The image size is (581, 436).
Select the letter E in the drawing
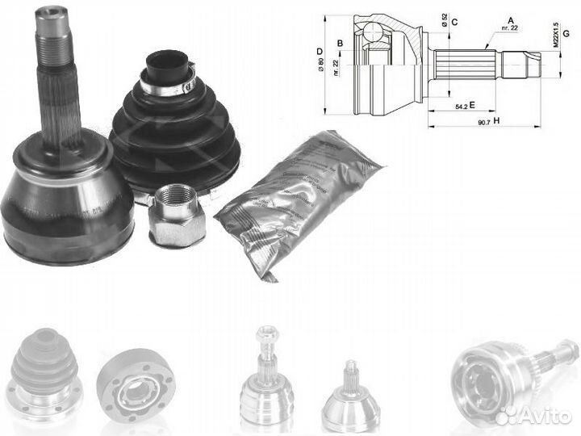(471, 105)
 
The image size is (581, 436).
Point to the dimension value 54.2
(458, 106)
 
